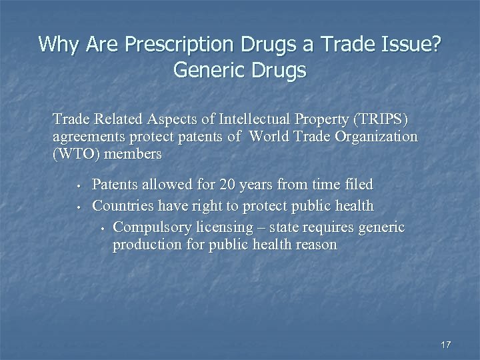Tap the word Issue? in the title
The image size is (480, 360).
click(x=409, y=44)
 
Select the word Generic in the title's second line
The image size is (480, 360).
click(x=209, y=70)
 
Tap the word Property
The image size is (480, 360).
click(x=317, y=120)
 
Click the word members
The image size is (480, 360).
click(x=133, y=154)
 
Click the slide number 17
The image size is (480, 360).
click(x=446, y=345)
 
